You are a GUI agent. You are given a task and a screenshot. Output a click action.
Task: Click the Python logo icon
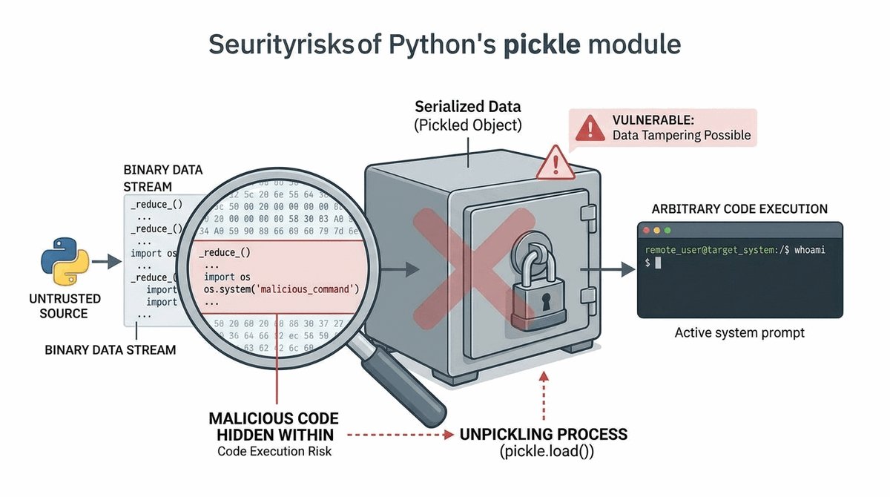click(x=65, y=261)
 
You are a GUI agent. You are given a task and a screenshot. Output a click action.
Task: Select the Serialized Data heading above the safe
click(x=467, y=106)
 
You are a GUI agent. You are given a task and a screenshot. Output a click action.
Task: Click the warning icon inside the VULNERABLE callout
click(x=590, y=128)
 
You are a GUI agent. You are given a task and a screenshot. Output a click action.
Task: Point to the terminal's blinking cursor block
click(x=657, y=263)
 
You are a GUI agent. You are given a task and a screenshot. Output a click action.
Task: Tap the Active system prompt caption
click(x=739, y=333)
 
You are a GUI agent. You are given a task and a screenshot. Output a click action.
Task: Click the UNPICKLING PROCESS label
click(x=544, y=434)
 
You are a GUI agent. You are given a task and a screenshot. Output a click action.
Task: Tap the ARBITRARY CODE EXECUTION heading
click(x=739, y=209)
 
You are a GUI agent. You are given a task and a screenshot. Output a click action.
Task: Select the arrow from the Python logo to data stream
click(x=107, y=261)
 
